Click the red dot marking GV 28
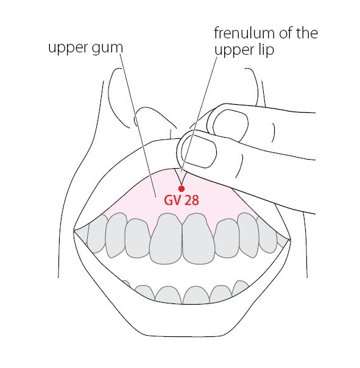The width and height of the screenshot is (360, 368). (181, 189)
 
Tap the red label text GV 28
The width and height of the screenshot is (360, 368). (182, 200)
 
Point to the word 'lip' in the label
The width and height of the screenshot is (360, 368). (266, 50)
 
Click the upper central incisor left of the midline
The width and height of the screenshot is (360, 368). (166, 238)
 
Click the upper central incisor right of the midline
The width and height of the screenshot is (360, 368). (199, 238)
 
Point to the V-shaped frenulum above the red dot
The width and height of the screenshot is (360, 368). (181, 177)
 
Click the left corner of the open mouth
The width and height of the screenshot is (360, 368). (74, 231)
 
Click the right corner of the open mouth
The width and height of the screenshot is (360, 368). (291, 240)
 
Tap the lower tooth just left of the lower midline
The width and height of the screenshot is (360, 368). (169, 295)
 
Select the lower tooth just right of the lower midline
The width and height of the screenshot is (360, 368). (196, 295)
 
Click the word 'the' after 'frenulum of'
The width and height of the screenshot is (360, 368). (307, 33)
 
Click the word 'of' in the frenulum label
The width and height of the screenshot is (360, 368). (286, 33)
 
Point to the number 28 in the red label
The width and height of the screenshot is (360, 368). (191, 200)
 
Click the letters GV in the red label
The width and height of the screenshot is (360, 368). (172, 200)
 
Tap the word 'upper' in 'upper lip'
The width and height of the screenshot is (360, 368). (235, 51)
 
